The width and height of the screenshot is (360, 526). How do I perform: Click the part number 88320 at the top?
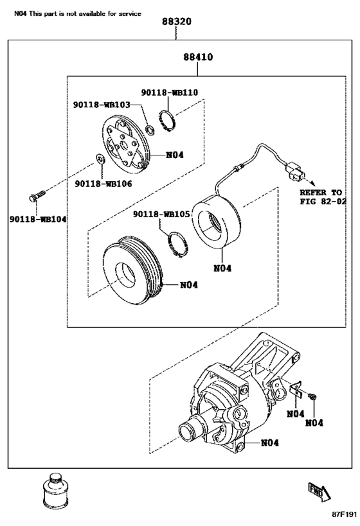[177, 22]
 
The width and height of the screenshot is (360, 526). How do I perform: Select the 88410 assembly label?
[198, 57]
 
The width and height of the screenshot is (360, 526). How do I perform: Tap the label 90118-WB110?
[170, 92]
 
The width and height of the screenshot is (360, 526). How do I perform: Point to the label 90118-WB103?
[102, 105]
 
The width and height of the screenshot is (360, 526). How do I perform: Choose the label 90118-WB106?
[104, 184]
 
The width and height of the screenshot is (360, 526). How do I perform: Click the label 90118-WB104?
[38, 220]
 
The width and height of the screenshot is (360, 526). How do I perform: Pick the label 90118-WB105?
[161, 214]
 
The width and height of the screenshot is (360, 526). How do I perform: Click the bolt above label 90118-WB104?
[37, 196]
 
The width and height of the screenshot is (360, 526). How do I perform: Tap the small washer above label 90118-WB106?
[100, 158]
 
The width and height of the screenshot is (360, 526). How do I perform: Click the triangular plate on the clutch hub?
[122, 146]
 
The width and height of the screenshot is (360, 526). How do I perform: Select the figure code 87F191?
[344, 515]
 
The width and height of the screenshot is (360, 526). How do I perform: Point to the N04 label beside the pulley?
[189, 285]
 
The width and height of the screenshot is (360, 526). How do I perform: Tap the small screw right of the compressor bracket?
[312, 397]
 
